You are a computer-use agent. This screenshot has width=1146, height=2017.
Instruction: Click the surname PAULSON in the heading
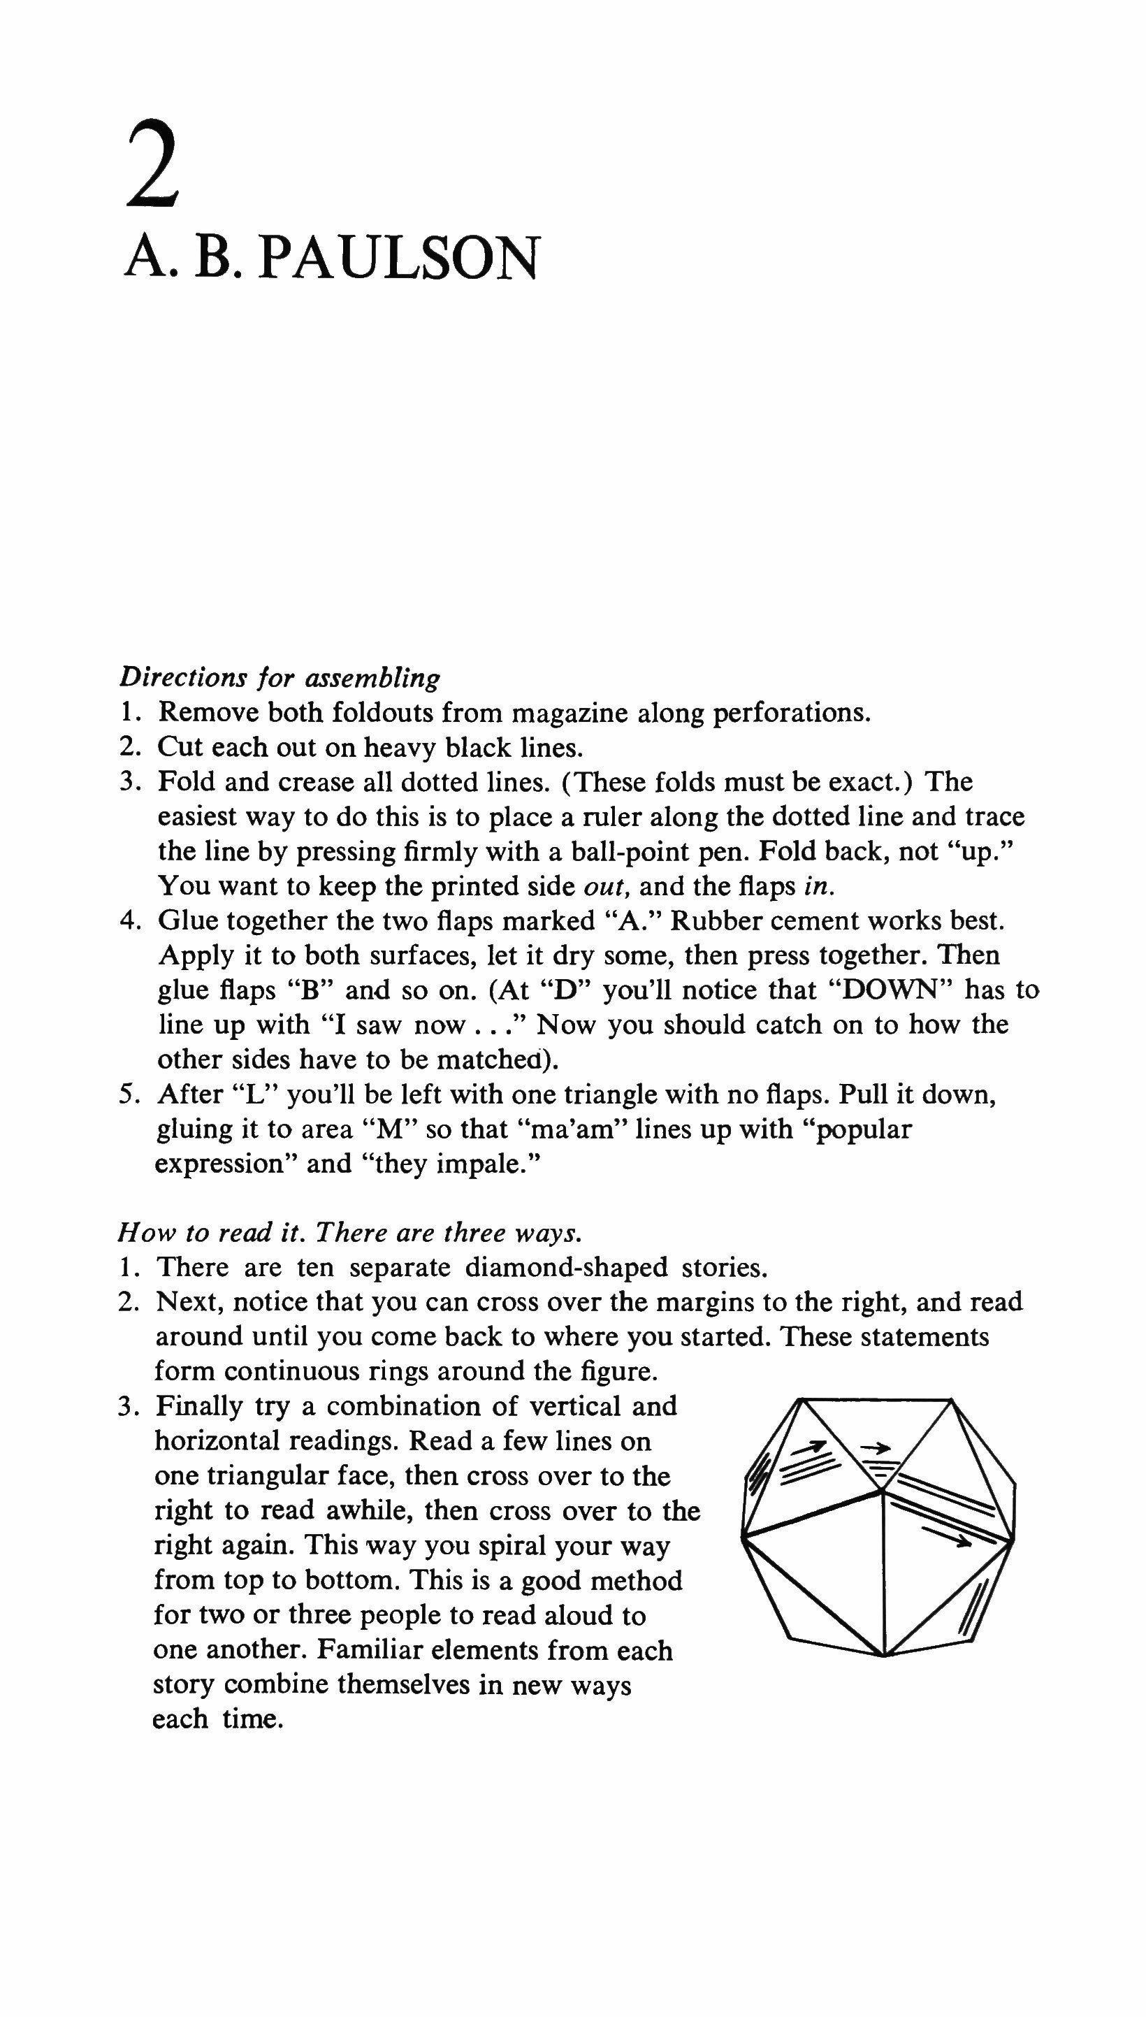pos(398,258)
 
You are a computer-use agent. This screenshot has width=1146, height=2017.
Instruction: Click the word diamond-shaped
pos(566,1268)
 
